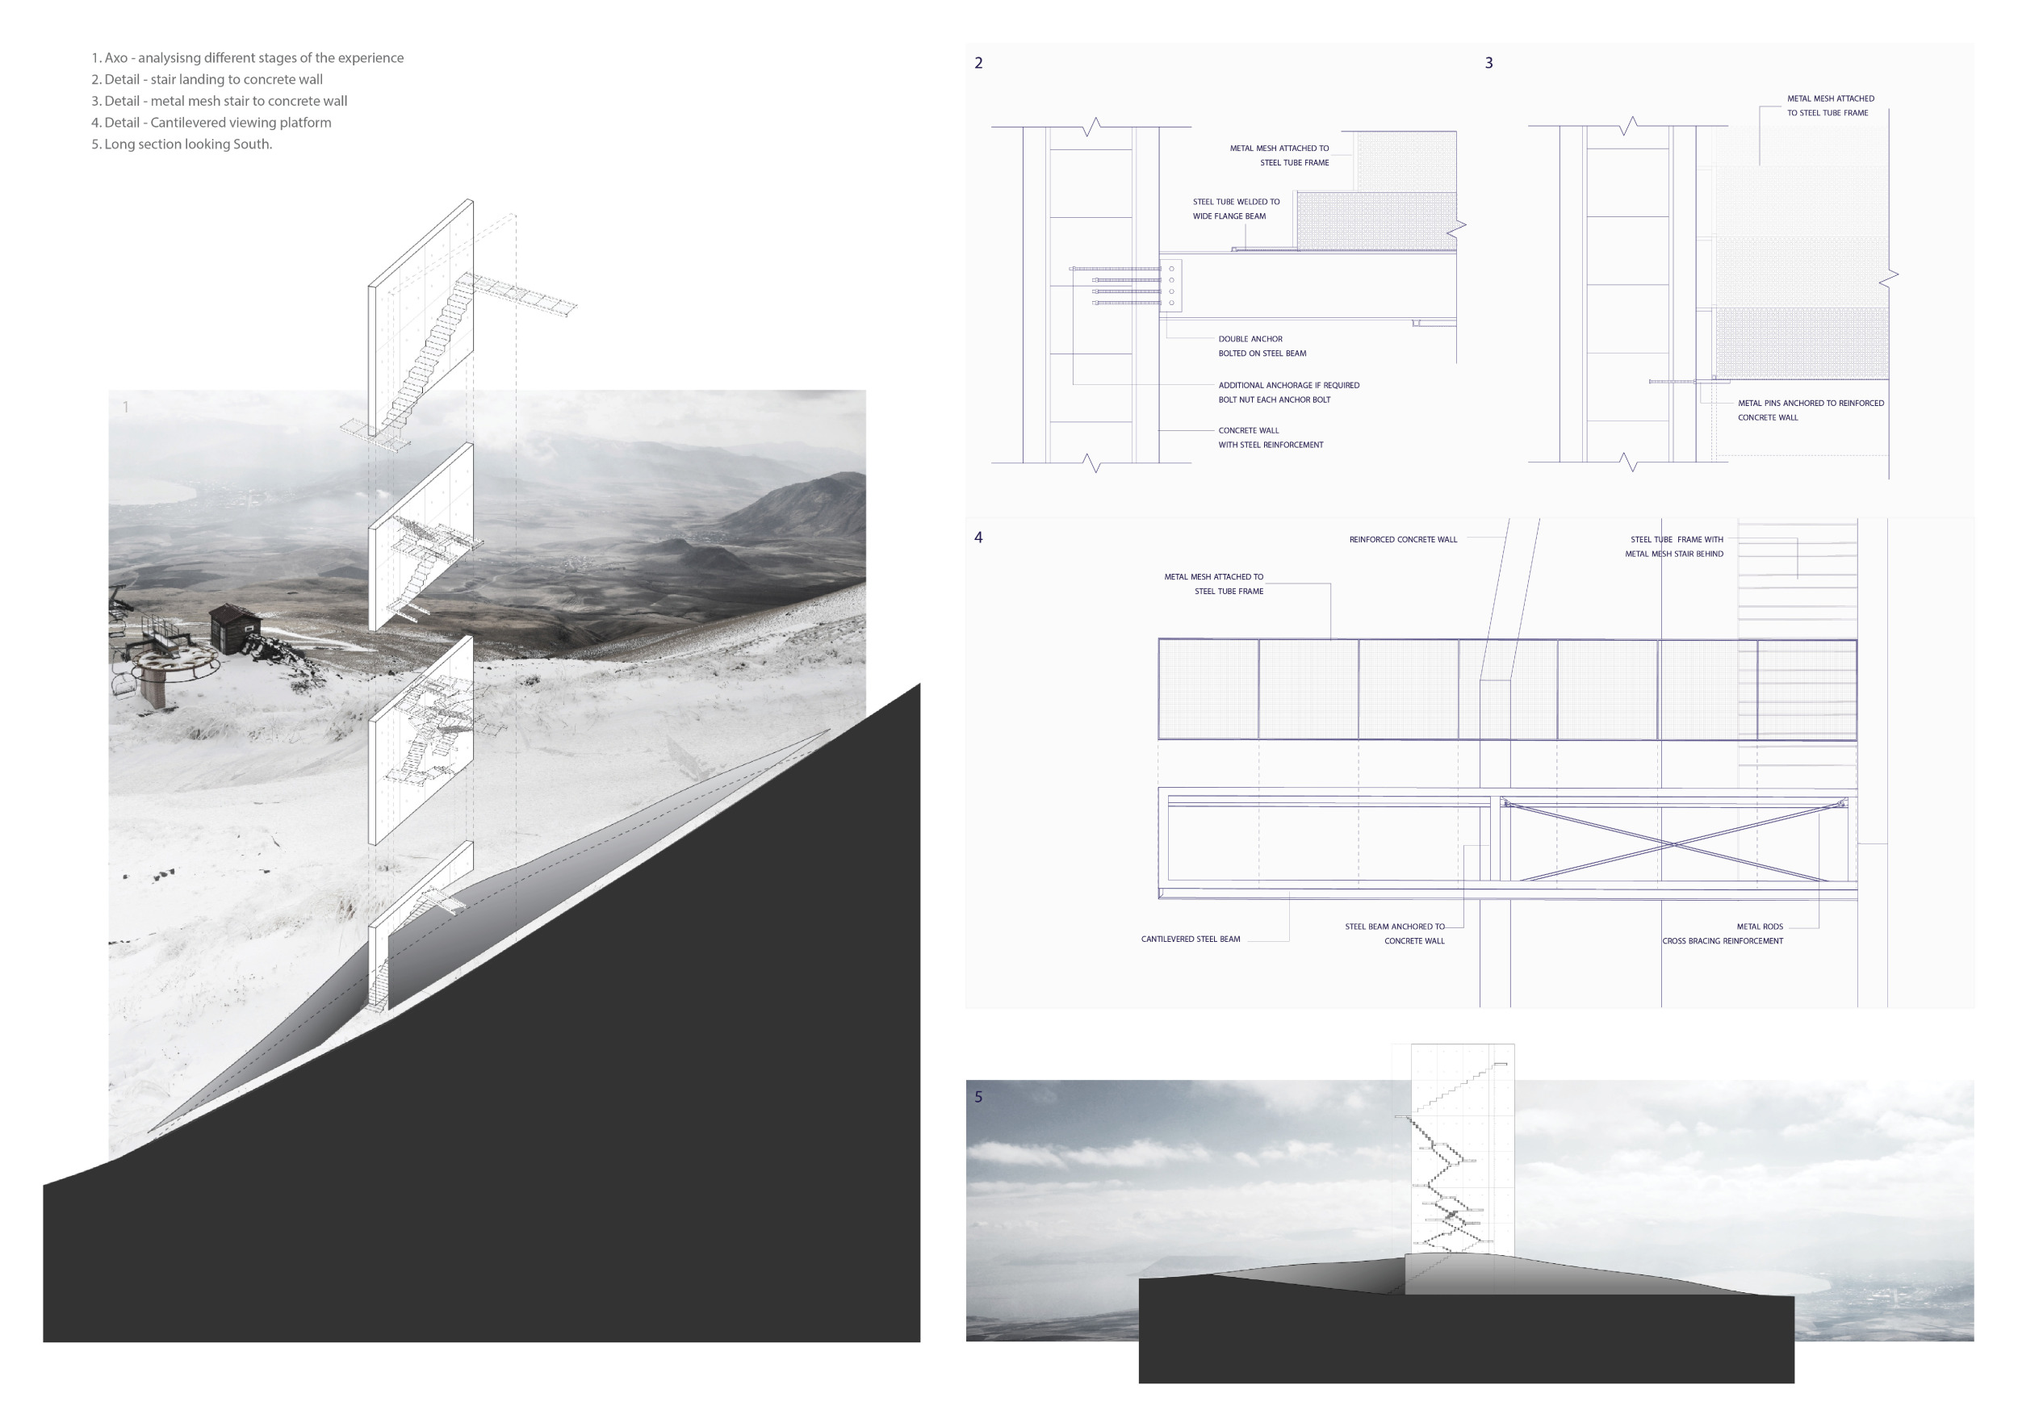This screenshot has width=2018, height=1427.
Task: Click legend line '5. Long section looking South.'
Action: [x=182, y=144]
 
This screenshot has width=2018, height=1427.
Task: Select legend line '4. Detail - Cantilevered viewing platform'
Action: [x=211, y=122]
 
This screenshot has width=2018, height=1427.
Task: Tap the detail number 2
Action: [x=978, y=63]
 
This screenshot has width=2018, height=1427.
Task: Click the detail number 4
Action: [x=978, y=538]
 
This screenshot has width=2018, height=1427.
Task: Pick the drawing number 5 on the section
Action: [x=978, y=1097]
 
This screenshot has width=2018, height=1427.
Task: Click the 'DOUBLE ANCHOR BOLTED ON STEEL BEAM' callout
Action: [x=1262, y=346]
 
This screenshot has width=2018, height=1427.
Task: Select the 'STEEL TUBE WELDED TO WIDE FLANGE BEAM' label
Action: [x=1236, y=209]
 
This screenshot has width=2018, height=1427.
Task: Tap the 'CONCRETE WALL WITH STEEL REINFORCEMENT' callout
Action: [x=1270, y=437]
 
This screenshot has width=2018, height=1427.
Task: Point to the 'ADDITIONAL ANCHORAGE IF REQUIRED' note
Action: [x=1288, y=386]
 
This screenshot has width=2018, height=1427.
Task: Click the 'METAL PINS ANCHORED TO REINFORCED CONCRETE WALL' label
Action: [x=1811, y=410]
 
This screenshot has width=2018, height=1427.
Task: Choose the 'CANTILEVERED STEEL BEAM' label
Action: [x=1191, y=939]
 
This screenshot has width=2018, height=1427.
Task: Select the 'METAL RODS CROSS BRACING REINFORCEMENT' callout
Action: [x=1723, y=934]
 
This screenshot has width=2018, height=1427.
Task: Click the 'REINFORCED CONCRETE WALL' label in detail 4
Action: [x=1403, y=539]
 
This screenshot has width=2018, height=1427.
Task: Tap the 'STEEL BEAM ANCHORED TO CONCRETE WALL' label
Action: [x=1395, y=934]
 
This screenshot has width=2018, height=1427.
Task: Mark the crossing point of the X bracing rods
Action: [x=1673, y=845]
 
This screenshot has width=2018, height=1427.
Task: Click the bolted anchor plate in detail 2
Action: [x=1170, y=286]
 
